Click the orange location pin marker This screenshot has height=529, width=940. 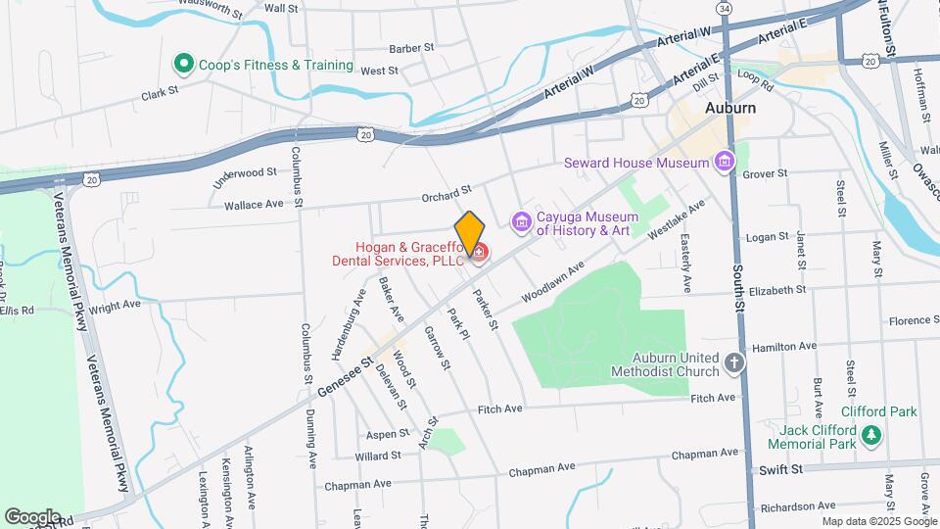[x=469, y=232]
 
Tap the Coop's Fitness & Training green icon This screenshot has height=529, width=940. [x=182, y=65]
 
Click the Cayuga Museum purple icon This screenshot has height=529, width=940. [x=522, y=224]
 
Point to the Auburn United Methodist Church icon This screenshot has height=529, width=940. [x=735, y=364]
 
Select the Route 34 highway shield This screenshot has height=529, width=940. [x=724, y=8]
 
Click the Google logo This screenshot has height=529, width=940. [x=32, y=516]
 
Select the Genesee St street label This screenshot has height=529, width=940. [x=346, y=376]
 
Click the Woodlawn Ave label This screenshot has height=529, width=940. [x=552, y=280]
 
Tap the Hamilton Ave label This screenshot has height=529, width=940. [x=782, y=347]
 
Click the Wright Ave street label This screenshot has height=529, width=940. [x=115, y=306]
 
